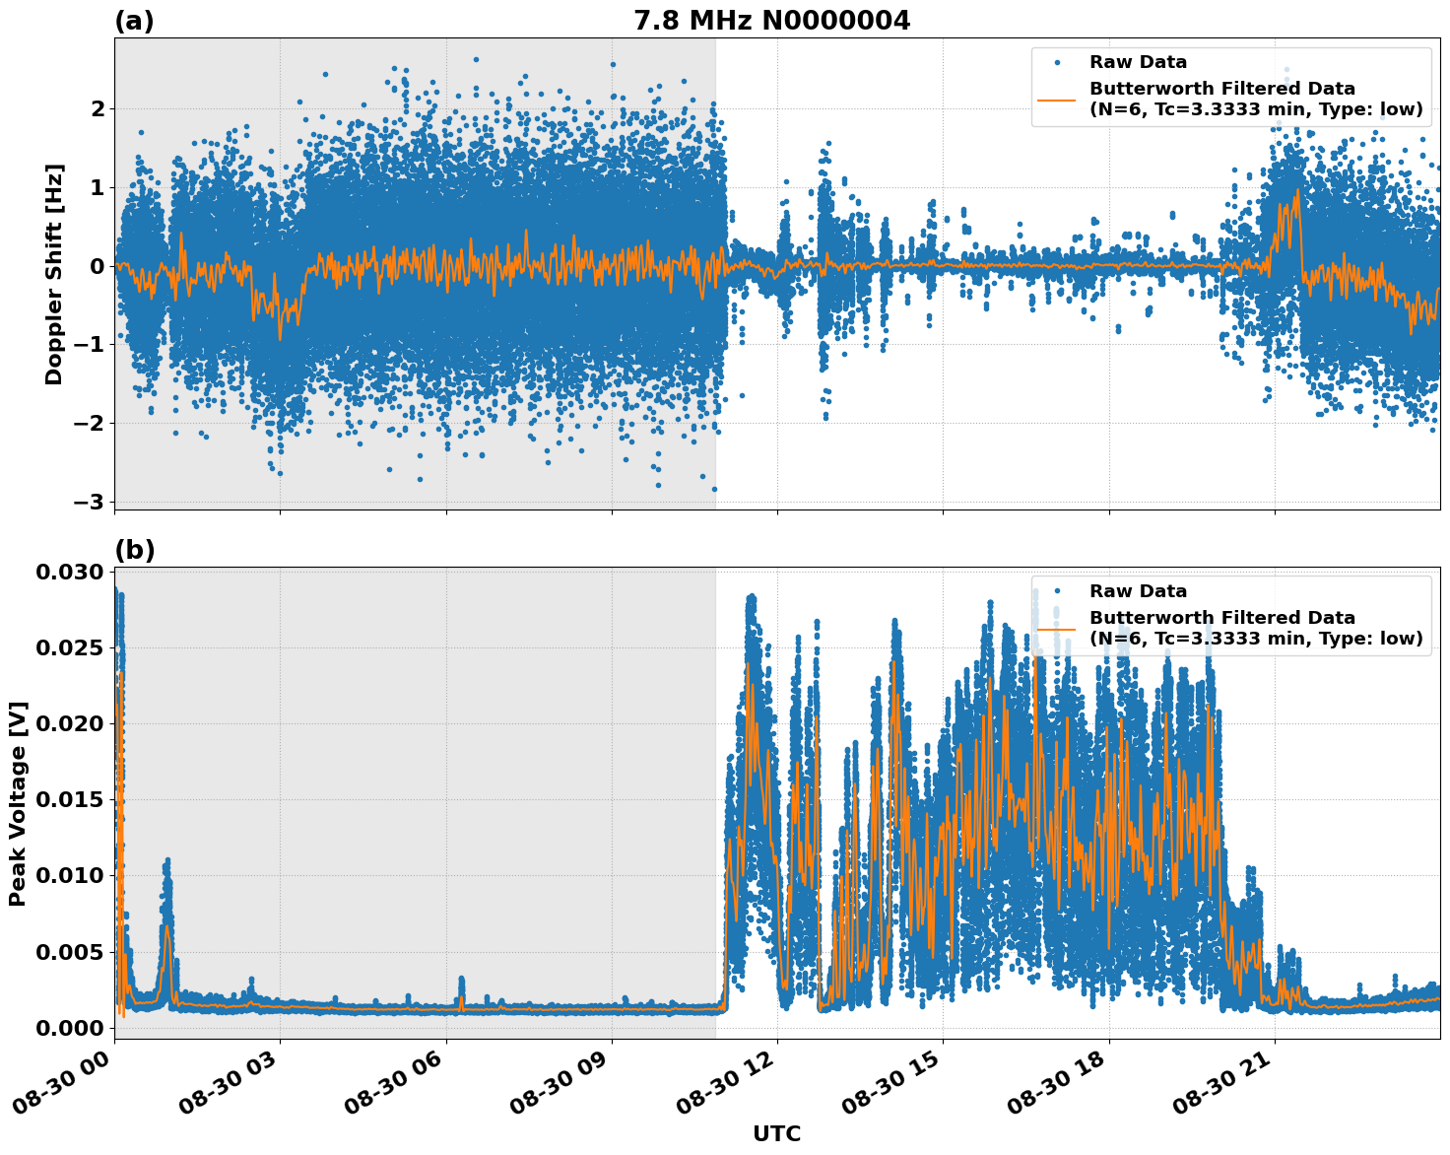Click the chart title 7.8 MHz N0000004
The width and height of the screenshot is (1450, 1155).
[x=771, y=21]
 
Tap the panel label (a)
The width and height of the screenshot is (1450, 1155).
[x=134, y=21]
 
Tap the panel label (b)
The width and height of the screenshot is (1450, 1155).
[x=134, y=550]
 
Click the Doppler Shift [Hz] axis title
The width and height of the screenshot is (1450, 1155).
[x=54, y=274]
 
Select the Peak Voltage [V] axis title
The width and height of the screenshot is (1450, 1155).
[x=18, y=803]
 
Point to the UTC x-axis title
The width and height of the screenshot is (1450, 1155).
[x=776, y=1133]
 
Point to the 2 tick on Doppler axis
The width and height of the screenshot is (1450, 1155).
[x=97, y=108]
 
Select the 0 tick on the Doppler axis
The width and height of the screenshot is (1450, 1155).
[x=97, y=266]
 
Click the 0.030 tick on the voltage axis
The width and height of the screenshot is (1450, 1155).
[x=69, y=573]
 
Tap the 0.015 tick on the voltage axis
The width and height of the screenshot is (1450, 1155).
[x=69, y=800]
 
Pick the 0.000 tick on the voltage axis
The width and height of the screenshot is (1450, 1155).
[x=69, y=1028]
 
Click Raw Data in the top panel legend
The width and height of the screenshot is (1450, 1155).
[x=1138, y=62]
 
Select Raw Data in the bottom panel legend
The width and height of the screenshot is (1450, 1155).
[x=1138, y=591]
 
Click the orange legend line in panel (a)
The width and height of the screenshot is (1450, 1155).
[x=1057, y=99]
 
